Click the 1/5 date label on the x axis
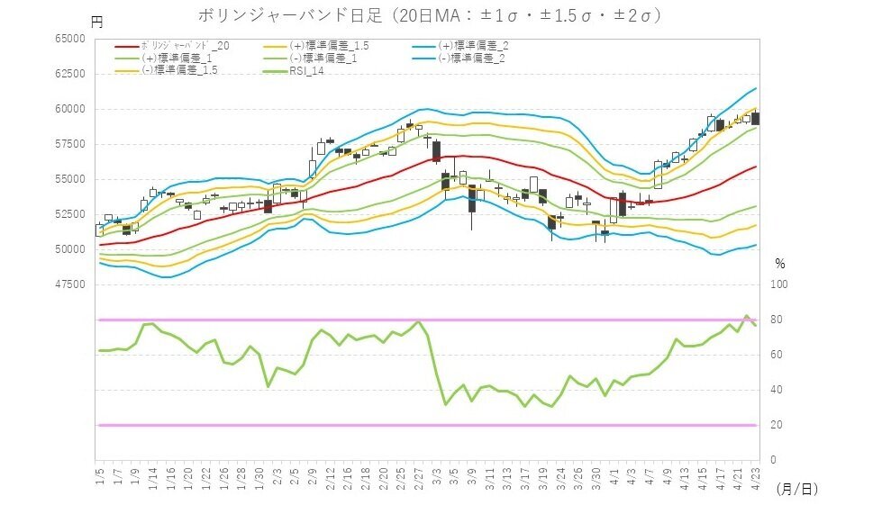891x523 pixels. pos(99,473)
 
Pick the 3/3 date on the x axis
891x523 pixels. pos(436,473)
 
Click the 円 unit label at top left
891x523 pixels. pos(97,20)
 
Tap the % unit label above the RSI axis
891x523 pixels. pos(780,265)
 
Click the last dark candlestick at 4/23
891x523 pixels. pos(755,118)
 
